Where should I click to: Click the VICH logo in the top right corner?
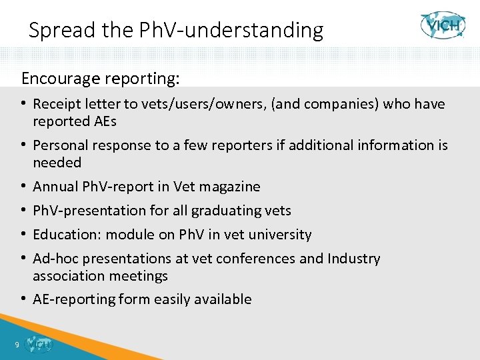(443, 25)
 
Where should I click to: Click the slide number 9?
(16, 345)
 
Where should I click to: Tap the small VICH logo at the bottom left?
(38, 344)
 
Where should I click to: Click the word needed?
(57, 163)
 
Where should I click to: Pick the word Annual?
(54, 187)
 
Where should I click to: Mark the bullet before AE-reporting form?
(24, 299)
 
